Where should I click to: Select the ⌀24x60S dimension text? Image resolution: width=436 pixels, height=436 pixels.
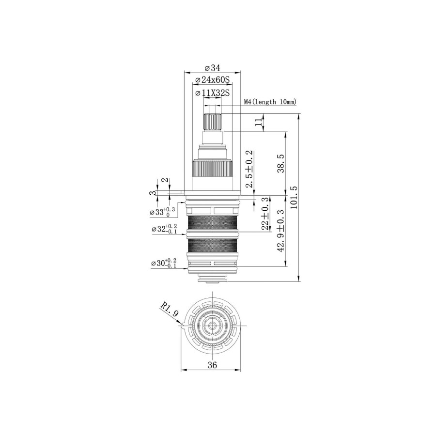click(x=212, y=79)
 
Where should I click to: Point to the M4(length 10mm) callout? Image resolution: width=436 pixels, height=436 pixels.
click(x=270, y=102)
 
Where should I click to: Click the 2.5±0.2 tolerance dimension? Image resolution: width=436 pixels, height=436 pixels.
click(x=249, y=169)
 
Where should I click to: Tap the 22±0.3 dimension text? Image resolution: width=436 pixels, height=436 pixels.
click(x=265, y=216)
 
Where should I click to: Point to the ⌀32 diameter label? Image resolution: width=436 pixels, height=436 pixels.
click(x=163, y=229)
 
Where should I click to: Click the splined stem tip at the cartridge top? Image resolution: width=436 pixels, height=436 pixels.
click(x=212, y=122)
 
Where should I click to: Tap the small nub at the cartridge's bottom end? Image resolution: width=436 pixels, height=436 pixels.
click(x=212, y=281)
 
